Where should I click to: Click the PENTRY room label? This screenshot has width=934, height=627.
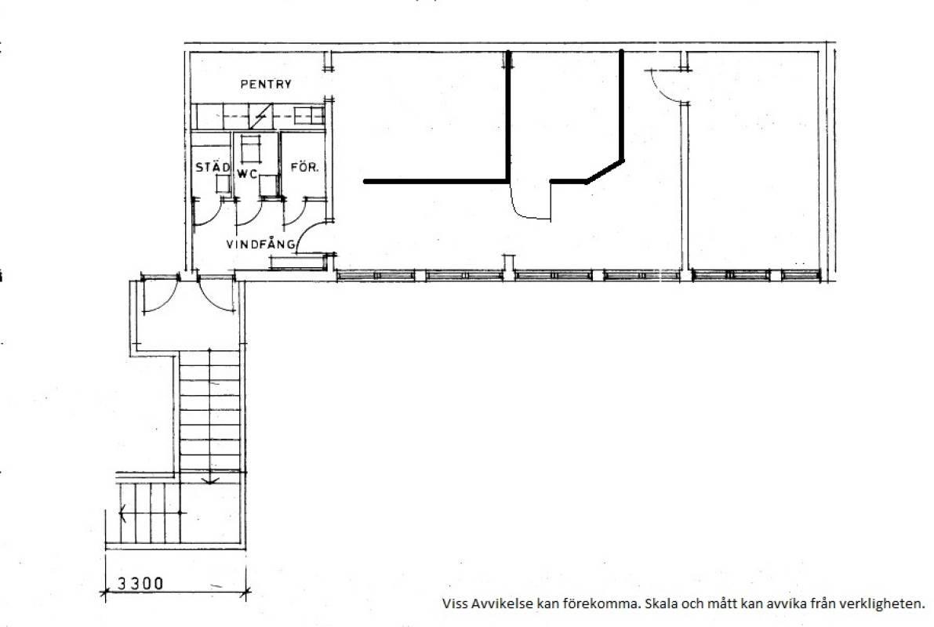tap(266, 84)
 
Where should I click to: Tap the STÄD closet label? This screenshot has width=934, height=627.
tap(213, 167)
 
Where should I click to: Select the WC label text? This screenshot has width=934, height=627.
tap(247, 174)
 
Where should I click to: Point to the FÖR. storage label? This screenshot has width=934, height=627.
tap(304, 167)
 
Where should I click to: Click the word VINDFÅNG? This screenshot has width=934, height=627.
tap(260, 244)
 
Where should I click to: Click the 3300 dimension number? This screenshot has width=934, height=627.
tap(140, 583)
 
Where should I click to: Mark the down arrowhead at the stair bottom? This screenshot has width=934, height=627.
tap(210, 480)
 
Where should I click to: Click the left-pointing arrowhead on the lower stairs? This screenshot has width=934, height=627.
tap(122, 513)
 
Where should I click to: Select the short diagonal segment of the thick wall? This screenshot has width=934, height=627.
tap(605, 171)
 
